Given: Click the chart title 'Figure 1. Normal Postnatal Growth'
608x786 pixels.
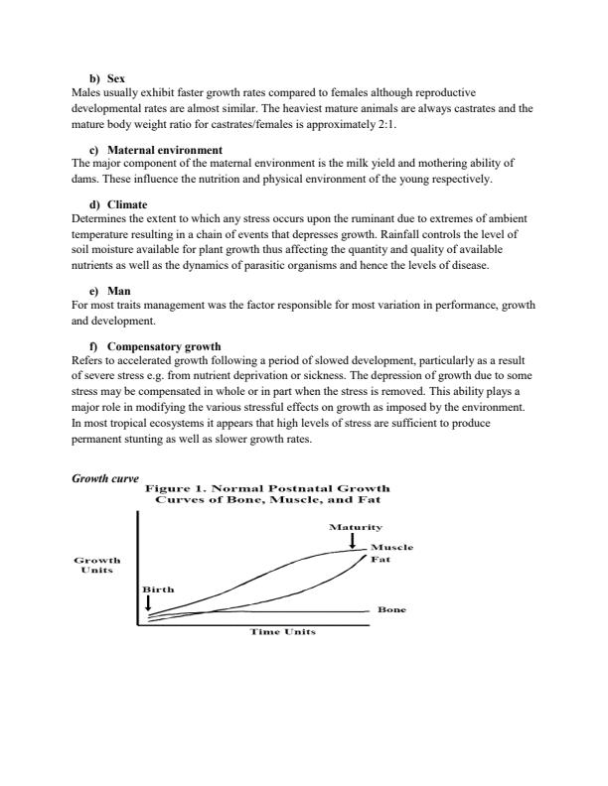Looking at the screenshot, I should [267, 488].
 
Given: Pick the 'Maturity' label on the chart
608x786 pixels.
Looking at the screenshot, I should [353, 527].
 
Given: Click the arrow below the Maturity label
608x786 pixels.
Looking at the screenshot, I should [353, 540].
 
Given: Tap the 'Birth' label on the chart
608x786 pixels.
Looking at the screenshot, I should [158, 589].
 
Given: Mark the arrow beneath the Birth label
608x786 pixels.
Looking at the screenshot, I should [148, 602].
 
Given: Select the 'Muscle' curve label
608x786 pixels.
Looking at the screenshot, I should [391, 548].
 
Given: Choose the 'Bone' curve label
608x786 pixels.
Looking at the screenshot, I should [392, 610].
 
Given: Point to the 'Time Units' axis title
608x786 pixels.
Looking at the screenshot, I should [284, 631].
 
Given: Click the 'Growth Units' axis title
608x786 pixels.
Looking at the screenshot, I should [97, 566].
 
